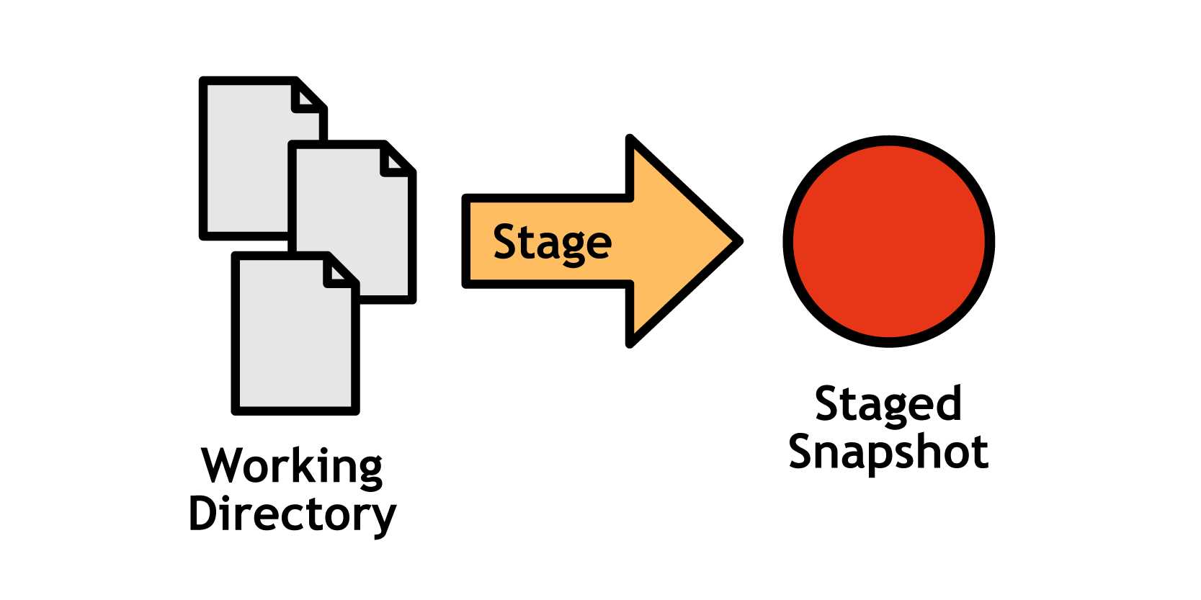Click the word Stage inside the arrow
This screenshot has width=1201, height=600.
click(x=552, y=243)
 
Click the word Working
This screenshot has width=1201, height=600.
click(x=292, y=467)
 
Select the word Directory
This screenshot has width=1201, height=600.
click(x=292, y=514)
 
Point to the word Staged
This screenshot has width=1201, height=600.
click(x=888, y=404)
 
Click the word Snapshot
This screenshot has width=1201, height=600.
click(x=888, y=452)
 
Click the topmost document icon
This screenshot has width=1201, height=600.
click(x=245, y=158)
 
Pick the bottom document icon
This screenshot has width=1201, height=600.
click(x=295, y=339)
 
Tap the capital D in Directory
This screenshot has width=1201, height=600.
click(x=203, y=513)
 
